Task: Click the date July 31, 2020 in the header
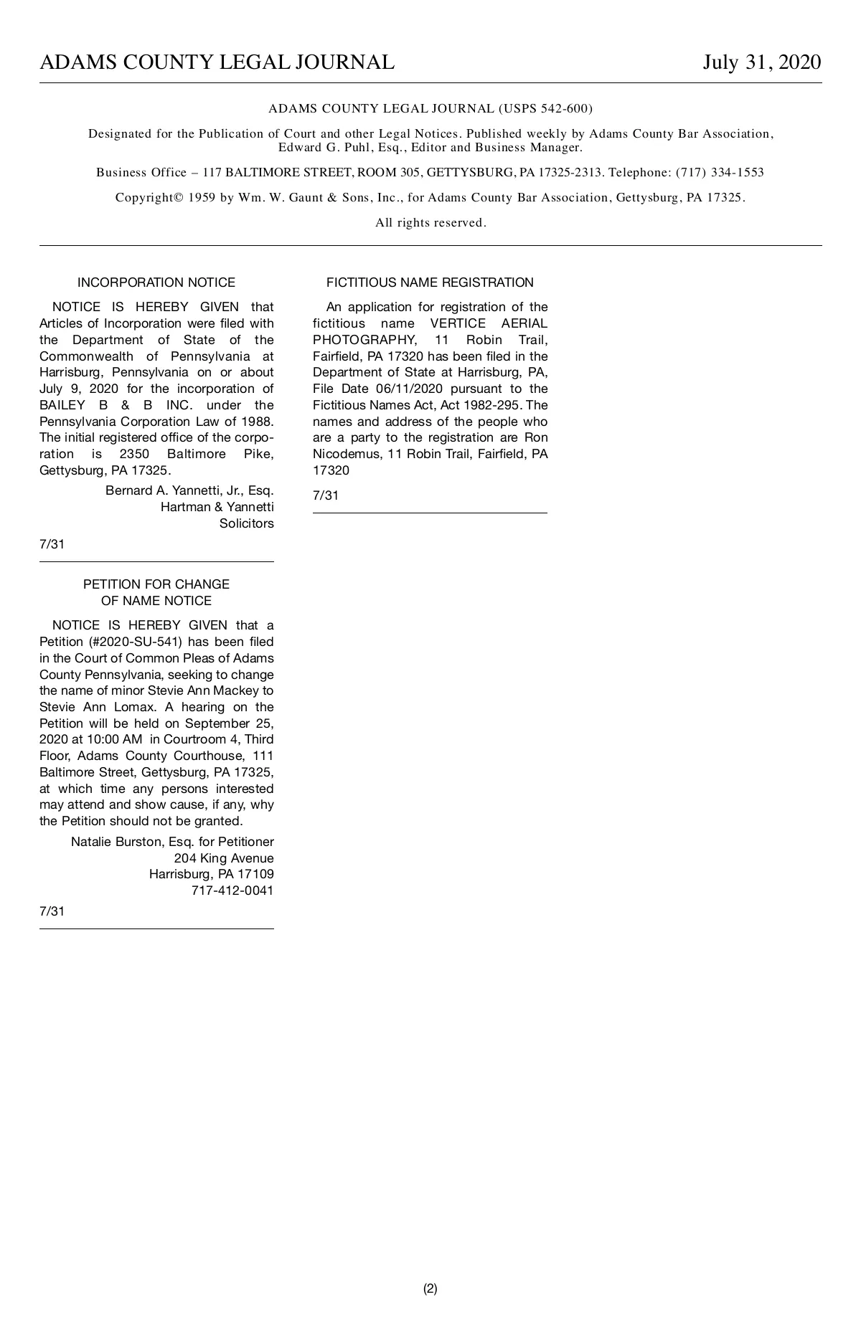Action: (761, 62)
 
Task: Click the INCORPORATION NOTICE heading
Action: (156, 282)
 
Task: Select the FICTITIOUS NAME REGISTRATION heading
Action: (430, 282)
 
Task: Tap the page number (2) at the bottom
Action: (430, 1288)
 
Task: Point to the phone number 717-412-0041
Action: (232, 890)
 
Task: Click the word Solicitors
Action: (246, 523)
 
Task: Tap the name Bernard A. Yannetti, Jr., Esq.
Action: (189, 490)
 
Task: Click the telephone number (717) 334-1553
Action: (720, 173)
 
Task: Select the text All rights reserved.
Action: (430, 223)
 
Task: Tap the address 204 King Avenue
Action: (224, 858)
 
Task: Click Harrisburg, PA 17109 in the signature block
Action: (211, 874)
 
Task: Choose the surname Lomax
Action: (134, 707)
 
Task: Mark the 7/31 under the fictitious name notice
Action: (326, 495)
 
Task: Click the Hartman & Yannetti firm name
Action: (217, 507)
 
